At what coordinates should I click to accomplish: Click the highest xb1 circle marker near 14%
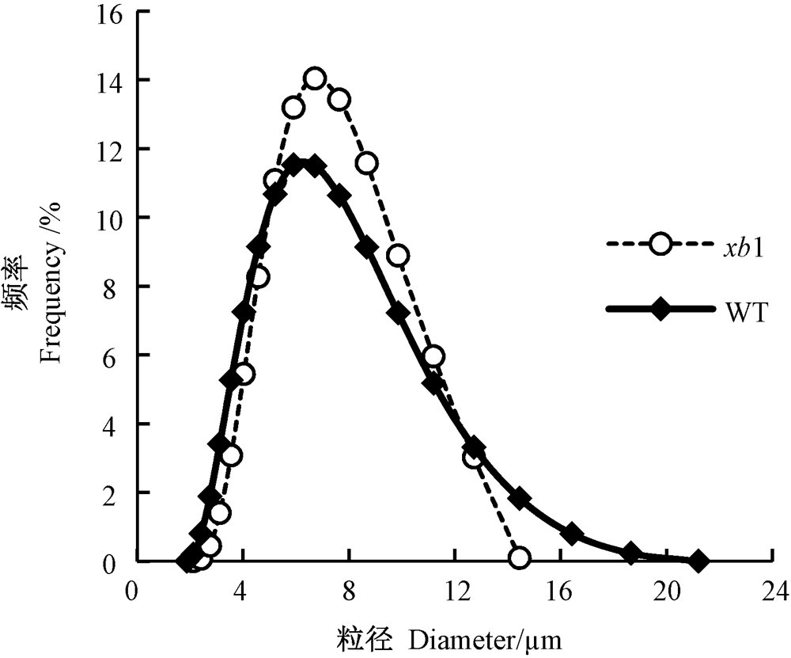tap(316, 78)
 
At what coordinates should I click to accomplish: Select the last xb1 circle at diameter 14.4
tap(520, 557)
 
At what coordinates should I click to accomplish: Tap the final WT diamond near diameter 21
tap(698, 561)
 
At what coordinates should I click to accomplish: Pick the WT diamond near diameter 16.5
tap(572, 534)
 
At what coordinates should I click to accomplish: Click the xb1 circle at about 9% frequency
tap(399, 256)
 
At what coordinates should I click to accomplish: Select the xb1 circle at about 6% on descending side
tap(433, 356)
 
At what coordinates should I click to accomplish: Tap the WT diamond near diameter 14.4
tap(520, 498)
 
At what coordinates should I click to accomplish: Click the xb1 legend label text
tap(742, 249)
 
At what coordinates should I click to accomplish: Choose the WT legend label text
tap(746, 313)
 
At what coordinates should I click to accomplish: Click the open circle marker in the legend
tap(660, 245)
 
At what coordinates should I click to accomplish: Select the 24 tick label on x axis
tap(773, 591)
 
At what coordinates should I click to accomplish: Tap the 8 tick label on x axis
tap(349, 591)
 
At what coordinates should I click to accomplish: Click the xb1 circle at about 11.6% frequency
tap(367, 163)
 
